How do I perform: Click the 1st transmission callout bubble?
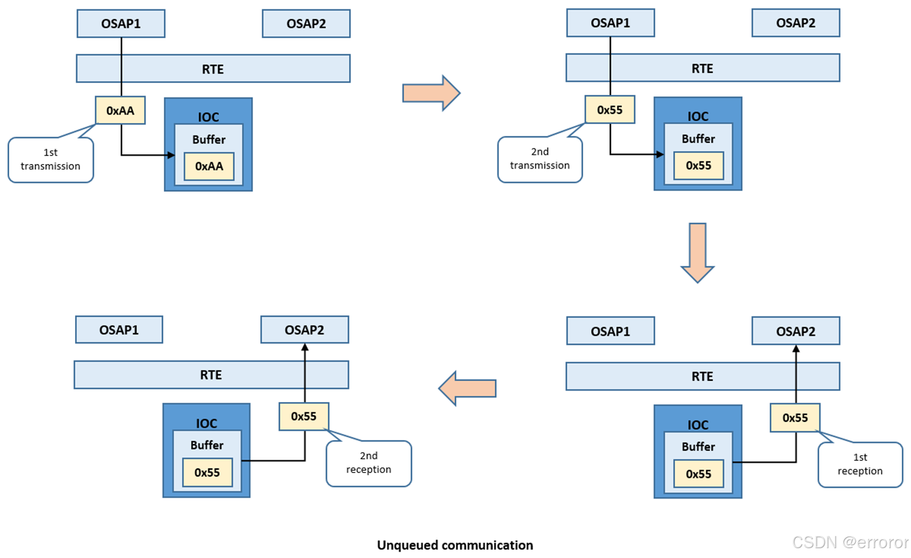[x=51, y=160]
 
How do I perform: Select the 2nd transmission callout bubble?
[x=540, y=159]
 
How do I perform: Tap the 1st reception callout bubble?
[x=860, y=464]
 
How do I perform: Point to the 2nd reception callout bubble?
[x=369, y=463]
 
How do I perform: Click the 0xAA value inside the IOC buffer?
[x=209, y=166]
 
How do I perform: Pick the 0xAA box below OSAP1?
[x=120, y=110]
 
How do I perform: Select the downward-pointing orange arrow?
[x=698, y=252]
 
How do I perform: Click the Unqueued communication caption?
[x=455, y=545]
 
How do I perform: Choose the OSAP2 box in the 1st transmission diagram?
[x=306, y=24]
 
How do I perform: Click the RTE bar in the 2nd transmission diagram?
[x=702, y=68]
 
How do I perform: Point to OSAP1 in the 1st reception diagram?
[x=610, y=331]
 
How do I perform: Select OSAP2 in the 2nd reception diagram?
[x=305, y=330]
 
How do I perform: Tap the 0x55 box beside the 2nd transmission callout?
[x=610, y=110]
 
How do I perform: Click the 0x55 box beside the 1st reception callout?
[x=795, y=418]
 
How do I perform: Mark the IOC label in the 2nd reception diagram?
[x=207, y=423]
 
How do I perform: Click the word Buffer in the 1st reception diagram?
[x=698, y=447]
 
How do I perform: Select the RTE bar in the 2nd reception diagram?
[x=211, y=375]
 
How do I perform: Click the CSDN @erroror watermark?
[x=850, y=542]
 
